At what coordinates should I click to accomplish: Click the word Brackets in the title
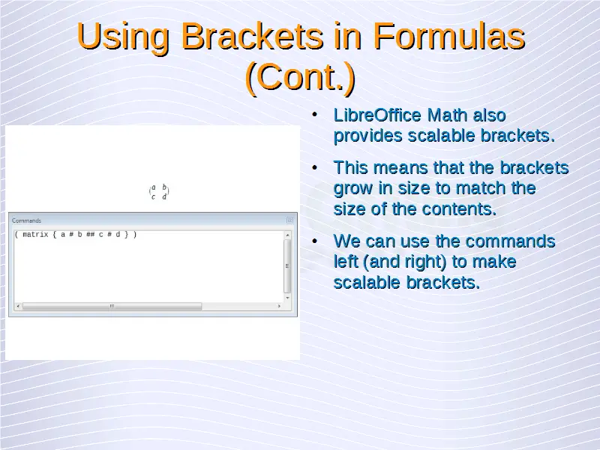tap(252, 36)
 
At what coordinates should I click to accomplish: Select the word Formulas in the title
tap(449, 36)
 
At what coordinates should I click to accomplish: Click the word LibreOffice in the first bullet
tap(378, 115)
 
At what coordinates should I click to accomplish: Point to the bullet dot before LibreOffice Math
tap(314, 115)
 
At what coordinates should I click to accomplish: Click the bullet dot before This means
tap(314, 167)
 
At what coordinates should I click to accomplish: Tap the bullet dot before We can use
tap(314, 241)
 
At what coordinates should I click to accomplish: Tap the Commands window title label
tap(26, 220)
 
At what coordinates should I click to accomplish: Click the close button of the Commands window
tap(289, 220)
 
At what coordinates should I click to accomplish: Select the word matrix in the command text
tap(35, 235)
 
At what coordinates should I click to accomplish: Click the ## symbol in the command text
tap(90, 235)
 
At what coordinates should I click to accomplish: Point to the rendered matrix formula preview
tap(159, 192)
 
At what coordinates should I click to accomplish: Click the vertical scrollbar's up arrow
tap(287, 235)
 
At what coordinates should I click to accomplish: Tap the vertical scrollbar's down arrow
tap(287, 298)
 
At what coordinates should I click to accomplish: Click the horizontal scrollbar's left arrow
tap(18, 306)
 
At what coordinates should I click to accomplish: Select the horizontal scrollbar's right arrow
tap(279, 306)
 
